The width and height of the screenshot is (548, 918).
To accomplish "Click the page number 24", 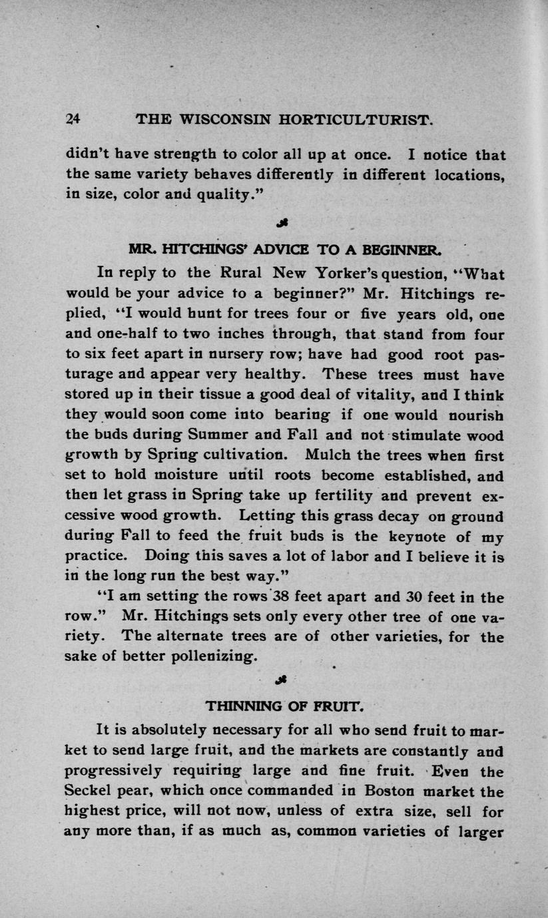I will [x=73, y=119].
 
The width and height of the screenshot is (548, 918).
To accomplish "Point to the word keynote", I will [x=422, y=537].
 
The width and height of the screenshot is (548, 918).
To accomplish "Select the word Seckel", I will [x=92, y=792].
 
